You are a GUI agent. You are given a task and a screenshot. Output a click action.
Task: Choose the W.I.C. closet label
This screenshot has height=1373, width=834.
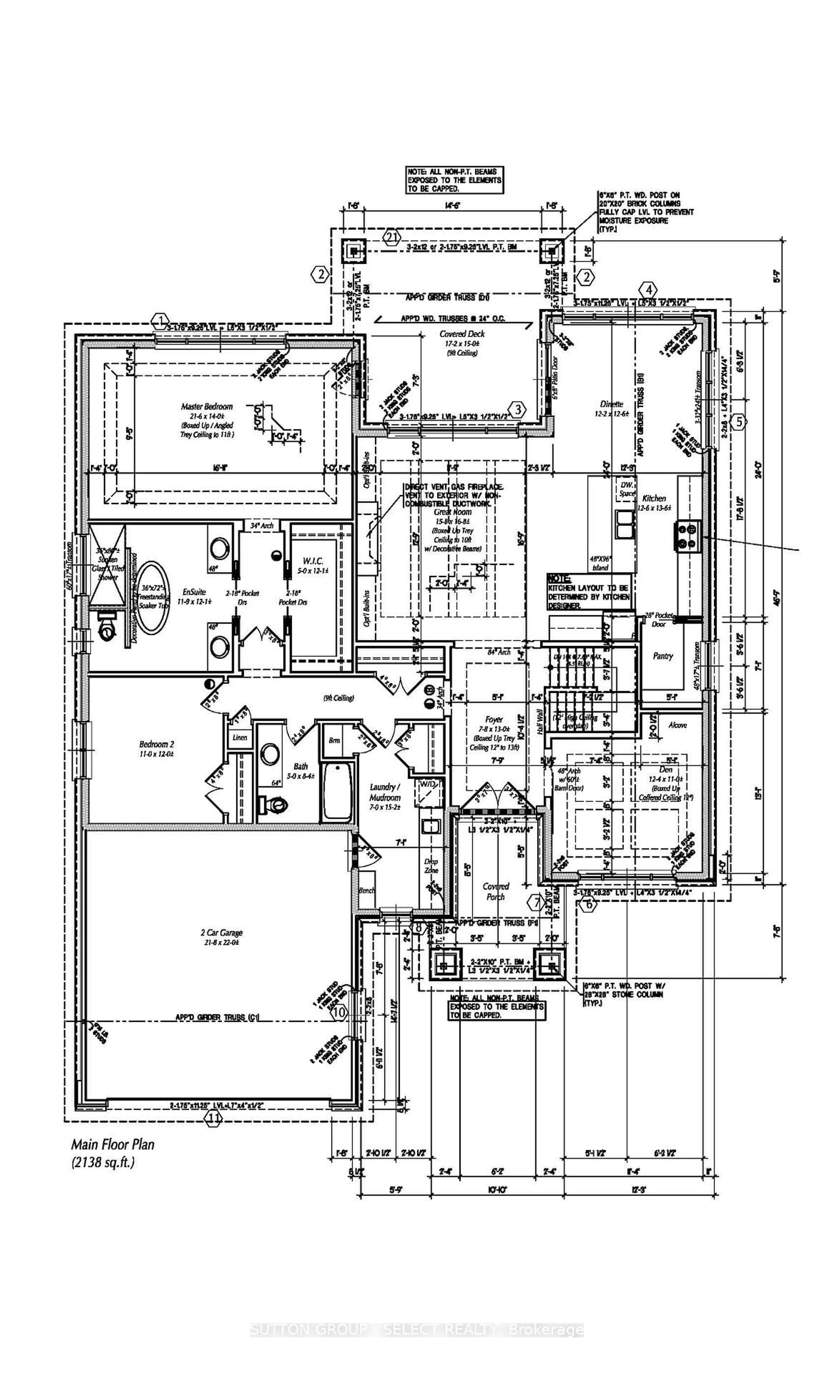(313, 561)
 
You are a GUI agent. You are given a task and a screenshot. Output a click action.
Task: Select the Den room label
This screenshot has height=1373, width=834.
(665, 769)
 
